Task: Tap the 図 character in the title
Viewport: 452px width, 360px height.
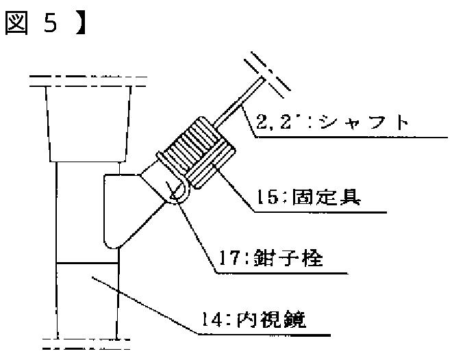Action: tap(16, 23)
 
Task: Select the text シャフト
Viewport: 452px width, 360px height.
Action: tap(364, 123)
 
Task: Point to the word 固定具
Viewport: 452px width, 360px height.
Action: tap(326, 197)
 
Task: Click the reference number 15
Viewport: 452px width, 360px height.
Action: tap(268, 198)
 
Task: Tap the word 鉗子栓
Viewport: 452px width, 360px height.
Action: tap(288, 257)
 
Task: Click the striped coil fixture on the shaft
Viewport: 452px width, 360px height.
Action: tap(196, 153)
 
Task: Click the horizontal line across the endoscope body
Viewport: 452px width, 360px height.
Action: tap(88, 263)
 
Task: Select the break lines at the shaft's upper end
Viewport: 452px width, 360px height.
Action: tap(267, 75)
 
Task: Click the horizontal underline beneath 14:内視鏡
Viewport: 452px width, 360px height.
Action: tap(264, 335)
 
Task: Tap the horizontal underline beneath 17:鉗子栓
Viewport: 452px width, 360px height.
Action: tap(281, 273)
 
